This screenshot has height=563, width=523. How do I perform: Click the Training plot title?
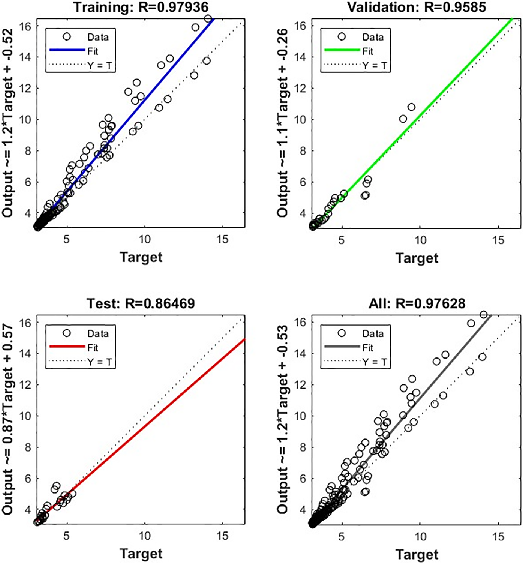click(x=141, y=7)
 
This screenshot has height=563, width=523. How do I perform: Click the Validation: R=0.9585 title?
click(x=416, y=7)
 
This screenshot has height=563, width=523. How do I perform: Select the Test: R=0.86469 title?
click(x=141, y=303)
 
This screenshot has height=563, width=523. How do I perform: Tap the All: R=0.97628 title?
click(x=417, y=303)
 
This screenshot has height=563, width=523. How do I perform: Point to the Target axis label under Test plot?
click(x=141, y=554)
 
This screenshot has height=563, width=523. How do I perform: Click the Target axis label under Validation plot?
click(x=417, y=258)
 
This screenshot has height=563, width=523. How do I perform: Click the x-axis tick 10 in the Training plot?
click(x=144, y=239)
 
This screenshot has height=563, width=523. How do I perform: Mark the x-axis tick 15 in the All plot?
click(x=498, y=536)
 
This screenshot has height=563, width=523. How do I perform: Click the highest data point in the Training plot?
click(x=208, y=19)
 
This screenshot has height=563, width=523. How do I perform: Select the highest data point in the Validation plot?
click(x=411, y=107)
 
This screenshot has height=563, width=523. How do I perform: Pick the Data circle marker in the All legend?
click(x=342, y=333)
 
